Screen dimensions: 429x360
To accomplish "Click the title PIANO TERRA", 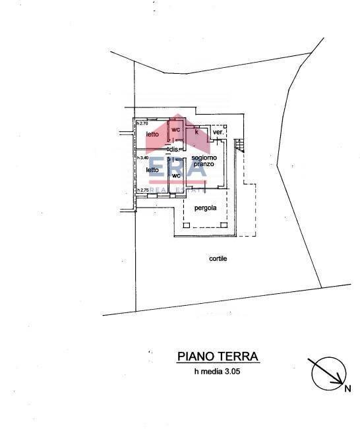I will coord(218,357).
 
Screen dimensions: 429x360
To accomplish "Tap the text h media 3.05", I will coord(218,372).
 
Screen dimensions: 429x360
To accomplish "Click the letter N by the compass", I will coord(347,388).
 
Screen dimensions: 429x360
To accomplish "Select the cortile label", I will coord(218,259).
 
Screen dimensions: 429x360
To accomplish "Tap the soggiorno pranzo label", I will coord(204,161).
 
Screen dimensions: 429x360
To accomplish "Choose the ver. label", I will coord(219,132).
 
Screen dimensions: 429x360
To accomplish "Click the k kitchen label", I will coord(196,132).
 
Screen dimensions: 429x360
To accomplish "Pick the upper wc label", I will coord(176,129).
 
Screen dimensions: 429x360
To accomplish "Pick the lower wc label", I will coord(176,176).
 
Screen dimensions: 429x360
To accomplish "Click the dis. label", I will coord(175,150).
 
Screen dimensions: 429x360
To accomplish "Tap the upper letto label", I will coord(152,134).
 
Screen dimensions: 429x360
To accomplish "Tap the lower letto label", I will coord(152,169).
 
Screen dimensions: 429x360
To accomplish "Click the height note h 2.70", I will coord(142,123).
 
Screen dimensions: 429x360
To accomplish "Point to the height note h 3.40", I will coord(142,157).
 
